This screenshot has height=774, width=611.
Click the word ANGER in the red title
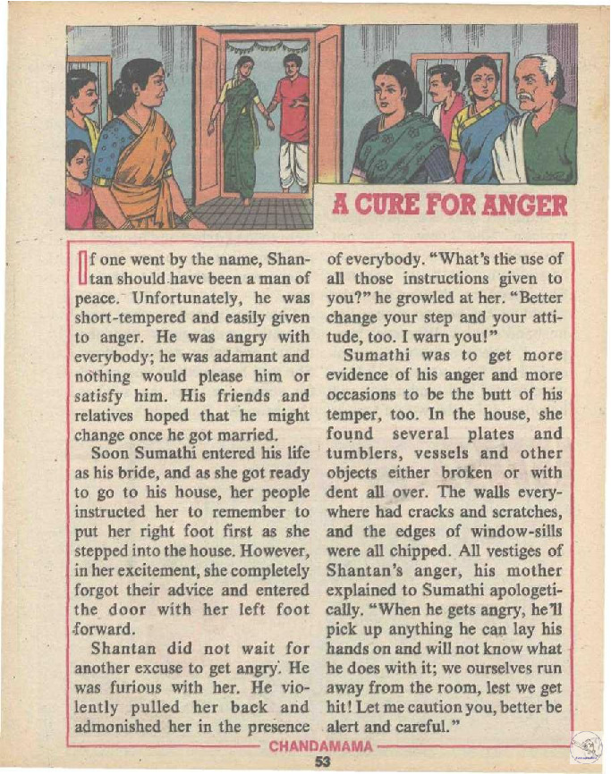pyautogui.click(x=522, y=206)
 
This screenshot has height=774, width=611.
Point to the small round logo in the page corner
pyautogui.click(x=586, y=746)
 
